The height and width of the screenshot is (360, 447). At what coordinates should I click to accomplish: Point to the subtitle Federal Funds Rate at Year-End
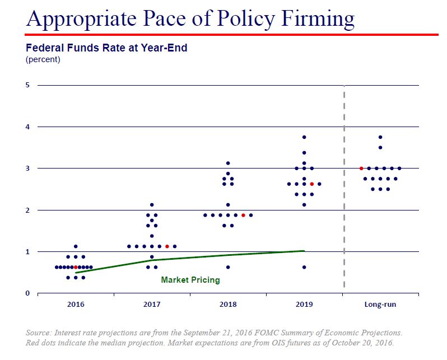(x=106, y=48)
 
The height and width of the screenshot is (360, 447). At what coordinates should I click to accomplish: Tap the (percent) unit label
(x=43, y=59)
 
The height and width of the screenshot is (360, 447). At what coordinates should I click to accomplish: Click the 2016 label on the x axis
(x=76, y=305)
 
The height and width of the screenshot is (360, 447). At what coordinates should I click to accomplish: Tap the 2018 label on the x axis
(x=228, y=305)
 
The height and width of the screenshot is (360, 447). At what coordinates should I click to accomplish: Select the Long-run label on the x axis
(x=380, y=305)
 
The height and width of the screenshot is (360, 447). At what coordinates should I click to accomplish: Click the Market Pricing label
(x=190, y=280)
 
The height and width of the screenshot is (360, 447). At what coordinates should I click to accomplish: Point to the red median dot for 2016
(x=76, y=267)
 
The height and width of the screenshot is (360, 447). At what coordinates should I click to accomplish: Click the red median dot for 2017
(x=167, y=246)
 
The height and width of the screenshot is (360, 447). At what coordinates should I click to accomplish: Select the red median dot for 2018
(x=243, y=215)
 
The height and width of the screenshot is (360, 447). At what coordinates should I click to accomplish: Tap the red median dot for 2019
(x=311, y=184)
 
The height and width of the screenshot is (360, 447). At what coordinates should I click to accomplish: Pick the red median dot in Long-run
(x=361, y=168)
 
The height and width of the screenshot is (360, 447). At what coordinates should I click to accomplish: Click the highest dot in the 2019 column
(x=304, y=137)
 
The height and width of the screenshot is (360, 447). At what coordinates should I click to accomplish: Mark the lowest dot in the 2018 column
(x=228, y=267)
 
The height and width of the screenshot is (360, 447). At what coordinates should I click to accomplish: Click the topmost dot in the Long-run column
(x=380, y=137)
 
